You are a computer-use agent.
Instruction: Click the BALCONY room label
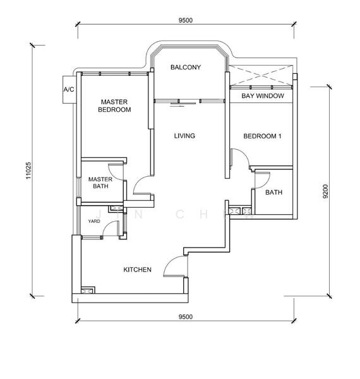click(x=185, y=67)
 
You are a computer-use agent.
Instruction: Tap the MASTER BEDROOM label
click(x=114, y=105)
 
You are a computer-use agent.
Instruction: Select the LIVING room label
click(x=184, y=136)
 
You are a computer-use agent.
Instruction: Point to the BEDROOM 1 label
click(x=262, y=136)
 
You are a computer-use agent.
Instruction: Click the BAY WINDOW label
click(x=263, y=96)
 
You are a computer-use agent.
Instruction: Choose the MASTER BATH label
click(x=100, y=183)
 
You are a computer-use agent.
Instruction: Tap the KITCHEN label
click(x=137, y=270)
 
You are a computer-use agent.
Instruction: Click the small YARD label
click(x=93, y=222)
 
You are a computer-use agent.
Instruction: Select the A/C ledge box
click(x=69, y=90)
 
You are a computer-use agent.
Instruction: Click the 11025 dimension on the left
click(x=30, y=170)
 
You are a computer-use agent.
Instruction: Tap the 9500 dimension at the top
click(x=185, y=20)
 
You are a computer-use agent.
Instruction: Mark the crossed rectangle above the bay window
click(x=261, y=75)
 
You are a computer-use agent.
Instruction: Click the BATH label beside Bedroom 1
click(x=273, y=193)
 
